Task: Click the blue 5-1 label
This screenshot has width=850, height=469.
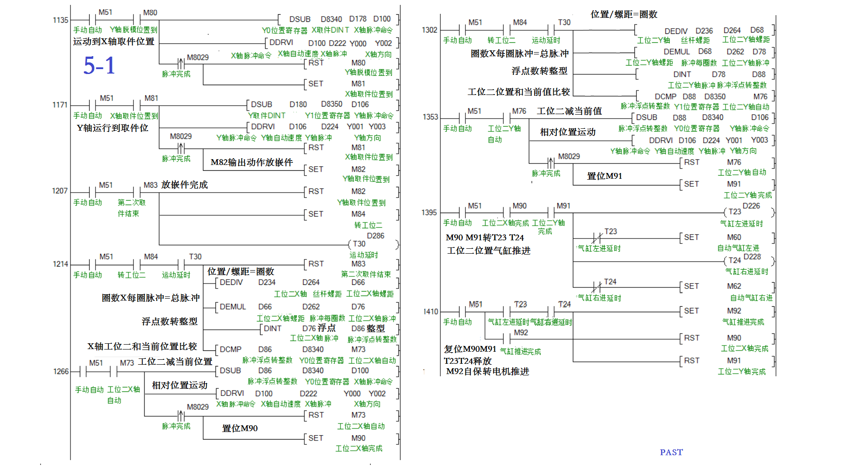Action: click(99, 66)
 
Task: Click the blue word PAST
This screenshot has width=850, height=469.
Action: click(671, 452)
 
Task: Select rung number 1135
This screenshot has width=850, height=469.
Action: click(60, 20)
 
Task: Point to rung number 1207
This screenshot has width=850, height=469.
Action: click(60, 191)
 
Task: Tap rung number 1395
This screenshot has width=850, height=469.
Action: click(429, 213)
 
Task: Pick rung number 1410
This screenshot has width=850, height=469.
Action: click(431, 312)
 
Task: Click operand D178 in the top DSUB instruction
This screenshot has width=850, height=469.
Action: click(357, 19)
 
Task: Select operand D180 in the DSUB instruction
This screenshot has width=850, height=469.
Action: click(298, 104)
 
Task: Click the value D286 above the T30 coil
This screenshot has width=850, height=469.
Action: click(375, 236)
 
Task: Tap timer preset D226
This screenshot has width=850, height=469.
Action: click(751, 206)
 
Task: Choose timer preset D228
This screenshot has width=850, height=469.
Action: click(752, 257)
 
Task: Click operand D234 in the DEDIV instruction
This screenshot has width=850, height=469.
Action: click(267, 282)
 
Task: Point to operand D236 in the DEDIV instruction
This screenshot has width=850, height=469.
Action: click(704, 31)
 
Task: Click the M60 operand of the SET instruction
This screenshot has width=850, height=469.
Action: click(734, 237)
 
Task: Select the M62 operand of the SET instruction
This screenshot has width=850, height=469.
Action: click(734, 286)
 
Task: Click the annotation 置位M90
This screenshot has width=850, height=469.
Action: click(240, 428)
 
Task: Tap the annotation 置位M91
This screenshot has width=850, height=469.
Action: click(604, 176)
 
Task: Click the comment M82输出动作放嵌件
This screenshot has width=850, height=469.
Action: click(252, 162)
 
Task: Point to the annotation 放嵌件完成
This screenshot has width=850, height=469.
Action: click(184, 185)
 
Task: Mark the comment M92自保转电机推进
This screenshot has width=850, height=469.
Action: click(487, 371)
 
